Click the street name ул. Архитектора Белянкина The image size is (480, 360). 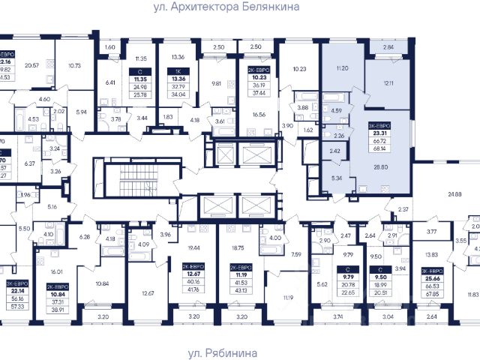(x=236, y=7)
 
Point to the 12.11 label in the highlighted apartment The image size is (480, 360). (x=386, y=82)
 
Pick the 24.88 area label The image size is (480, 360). (x=454, y=195)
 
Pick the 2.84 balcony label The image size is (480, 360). (x=387, y=47)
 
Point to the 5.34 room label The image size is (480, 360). (x=325, y=179)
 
